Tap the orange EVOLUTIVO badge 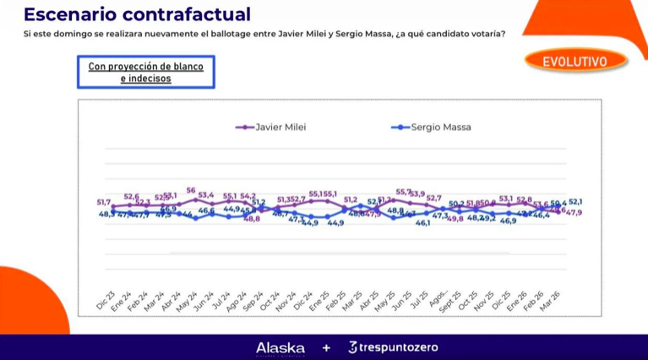576,61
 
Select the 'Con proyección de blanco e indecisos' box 145,72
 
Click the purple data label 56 192,191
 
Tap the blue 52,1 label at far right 575,202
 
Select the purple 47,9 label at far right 574,212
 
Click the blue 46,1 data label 422,224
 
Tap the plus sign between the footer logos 326,347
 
